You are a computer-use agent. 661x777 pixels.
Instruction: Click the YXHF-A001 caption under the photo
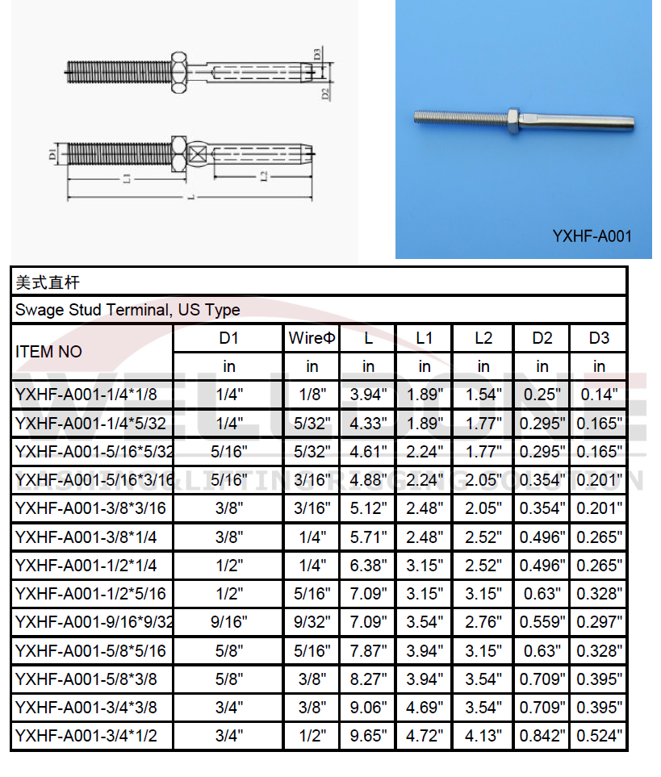(x=592, y=236)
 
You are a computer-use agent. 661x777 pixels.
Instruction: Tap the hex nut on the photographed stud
(x=513, y=120)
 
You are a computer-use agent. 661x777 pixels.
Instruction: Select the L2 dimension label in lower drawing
(x=264, y=177)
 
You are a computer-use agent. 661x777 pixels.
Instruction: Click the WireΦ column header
(x=312, y=338)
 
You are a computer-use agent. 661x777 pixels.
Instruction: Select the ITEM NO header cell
(x=48, y=352)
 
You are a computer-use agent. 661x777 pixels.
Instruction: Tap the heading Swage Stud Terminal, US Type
(x=127, y=310)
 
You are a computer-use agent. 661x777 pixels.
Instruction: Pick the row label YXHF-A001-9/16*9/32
(x=94, y=621)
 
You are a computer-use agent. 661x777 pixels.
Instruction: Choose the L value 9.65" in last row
(x=368, y=735)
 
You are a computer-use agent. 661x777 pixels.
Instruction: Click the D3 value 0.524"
(x=599, y=735)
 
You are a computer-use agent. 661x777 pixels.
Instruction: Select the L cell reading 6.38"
(x=368, y=565)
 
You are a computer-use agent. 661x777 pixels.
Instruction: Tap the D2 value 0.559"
(x=542, y=621)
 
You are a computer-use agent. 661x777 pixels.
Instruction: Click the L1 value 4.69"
(x=424, y=707)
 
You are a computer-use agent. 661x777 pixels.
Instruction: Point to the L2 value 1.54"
(x=483, y=395)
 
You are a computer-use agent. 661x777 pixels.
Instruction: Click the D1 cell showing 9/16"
(x=229, y=621)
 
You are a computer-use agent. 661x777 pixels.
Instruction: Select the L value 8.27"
(x=368, y=679)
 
